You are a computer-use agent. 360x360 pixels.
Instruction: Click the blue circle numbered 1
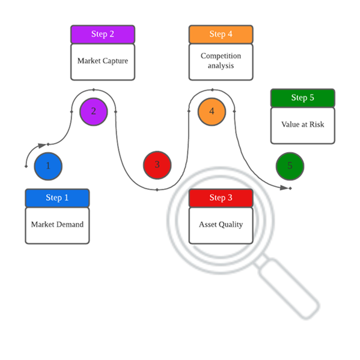[48, 166]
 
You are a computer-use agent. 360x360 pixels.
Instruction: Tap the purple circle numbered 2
[93, 112]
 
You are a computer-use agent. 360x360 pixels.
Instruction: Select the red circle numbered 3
[157, 165]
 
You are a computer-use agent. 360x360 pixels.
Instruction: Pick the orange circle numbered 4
[212, 112]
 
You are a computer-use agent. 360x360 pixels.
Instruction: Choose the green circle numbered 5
[290, 166]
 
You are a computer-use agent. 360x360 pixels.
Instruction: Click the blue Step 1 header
[57, 198]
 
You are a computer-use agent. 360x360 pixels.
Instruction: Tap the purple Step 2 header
[103, 34]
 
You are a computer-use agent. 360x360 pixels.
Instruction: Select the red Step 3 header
[221, 198]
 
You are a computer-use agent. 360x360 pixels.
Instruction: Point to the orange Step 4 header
[221, 34]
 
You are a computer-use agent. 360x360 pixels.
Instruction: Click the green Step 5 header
[302, 98]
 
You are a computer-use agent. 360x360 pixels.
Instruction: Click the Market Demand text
[57, 224]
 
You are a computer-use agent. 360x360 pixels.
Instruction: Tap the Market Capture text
[103, 61]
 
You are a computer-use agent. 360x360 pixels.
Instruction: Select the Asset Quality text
[221, 225]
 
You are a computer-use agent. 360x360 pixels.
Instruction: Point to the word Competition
[221, 56]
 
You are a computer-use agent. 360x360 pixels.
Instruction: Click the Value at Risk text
[302, 124]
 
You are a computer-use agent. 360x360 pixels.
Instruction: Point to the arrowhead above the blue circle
[42, 145]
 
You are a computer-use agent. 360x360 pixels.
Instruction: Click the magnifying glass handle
[287, 287]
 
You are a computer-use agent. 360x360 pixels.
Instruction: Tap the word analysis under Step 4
[221, 66]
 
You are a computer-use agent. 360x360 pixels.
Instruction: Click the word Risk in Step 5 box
[317, 124]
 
